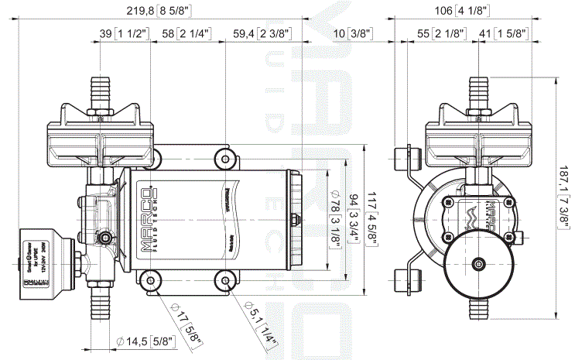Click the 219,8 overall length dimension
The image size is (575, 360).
point(158,10)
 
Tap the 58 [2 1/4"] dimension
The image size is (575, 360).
point(183,33)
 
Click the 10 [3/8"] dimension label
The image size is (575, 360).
point(353,33)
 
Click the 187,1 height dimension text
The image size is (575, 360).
point(563,198)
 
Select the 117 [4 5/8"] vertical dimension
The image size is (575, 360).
point(374,219)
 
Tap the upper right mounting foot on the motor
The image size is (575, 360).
point(225,159)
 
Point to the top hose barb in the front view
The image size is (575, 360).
point(477,91)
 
